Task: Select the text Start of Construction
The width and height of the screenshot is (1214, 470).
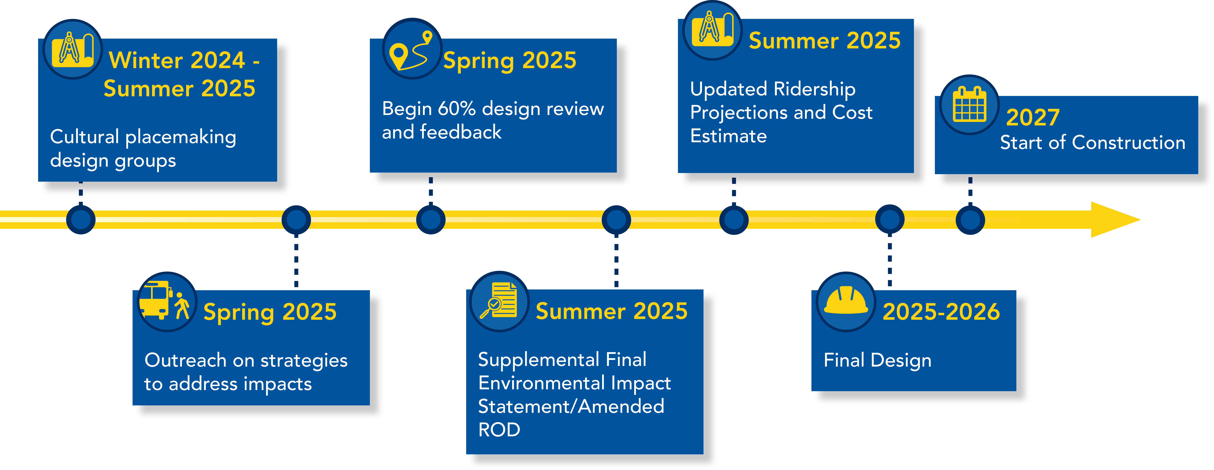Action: coord(1092,142)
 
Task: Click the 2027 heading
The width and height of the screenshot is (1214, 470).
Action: coord(1033,117)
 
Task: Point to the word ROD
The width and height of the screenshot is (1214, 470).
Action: coord(499,430)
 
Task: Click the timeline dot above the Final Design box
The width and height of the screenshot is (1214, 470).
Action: coord(889,219)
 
